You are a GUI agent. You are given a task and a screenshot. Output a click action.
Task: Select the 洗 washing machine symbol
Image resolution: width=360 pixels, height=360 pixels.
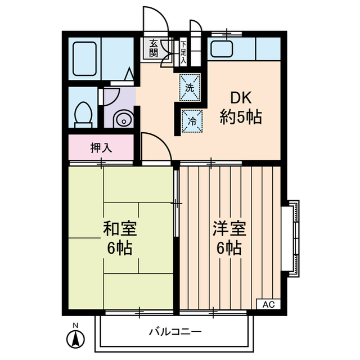pos(190,88)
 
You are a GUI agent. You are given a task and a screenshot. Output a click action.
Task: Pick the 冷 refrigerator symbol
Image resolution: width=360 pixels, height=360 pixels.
pos(191,120)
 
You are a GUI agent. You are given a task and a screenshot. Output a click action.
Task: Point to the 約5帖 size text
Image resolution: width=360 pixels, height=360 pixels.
pos(240,119)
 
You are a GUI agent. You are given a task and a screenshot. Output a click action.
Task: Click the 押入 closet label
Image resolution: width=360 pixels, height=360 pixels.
pos(101,148)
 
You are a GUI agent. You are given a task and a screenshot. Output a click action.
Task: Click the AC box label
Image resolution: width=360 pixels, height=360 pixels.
pos(268,304)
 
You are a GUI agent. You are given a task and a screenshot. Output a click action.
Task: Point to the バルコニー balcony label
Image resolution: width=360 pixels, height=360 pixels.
pos(174,331)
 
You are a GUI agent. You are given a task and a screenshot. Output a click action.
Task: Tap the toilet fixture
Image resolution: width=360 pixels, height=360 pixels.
pos(83,114)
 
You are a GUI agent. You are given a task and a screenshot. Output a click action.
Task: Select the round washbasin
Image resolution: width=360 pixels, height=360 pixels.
pos(122,119)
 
